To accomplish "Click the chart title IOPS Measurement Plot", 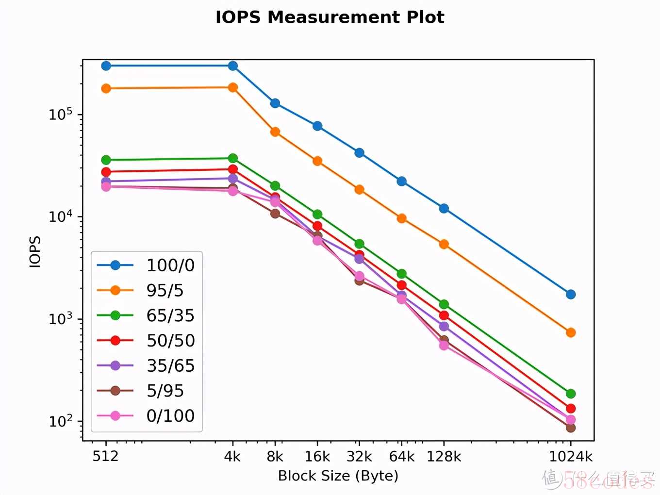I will pyautogui.click(x=330, y=17).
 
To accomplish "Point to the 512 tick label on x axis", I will pyautogui.click(x=105, y=456).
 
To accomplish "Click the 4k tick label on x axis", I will pyautogui.click(x=232, y=456).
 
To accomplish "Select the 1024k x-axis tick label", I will pyautogui.click(x=571, y=456).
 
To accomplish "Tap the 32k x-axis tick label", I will pyautogui.click(x=359, y=456).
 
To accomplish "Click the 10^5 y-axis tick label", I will pyautogui.click(x=60, y=114).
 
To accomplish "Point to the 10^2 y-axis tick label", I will pyautogui.click(x=60, y=421).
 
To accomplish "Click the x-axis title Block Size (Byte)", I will pyautogui.click(x=338, y=476).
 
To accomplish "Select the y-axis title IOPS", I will pyautogui.click(x=35, y=251).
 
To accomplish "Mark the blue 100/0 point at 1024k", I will pyautogui.click(x=571, y=295).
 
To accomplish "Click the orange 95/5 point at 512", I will pyautogui.click(x=106, y=88).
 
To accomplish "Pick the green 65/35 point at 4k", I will pyautogui.click(x=233, y=158).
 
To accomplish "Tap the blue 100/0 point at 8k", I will pyautogui.click(x=275, y=103).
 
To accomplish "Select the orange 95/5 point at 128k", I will pyautogui.click(x=444, y=244).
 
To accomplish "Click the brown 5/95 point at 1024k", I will pyautogui.click(x=571, y=428).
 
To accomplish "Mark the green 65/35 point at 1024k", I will pyautogui.click(x=571, y=394).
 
